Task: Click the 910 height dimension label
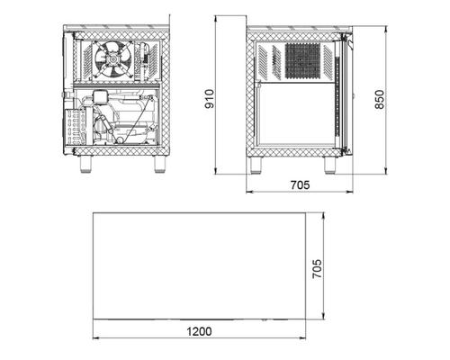tap(209, 99)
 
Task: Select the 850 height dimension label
tap(380, 99)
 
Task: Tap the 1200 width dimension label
tap(199, 331)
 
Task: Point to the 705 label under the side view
tap(300, 184)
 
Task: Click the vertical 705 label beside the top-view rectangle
tap(317, 269)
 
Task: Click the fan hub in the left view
tap(112, 59)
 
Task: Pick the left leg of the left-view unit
tap(85, 165)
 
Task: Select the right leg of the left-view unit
tap(159, 165)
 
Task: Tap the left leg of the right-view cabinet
tap(256, 166)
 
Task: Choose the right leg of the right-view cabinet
tap(329, 166)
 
